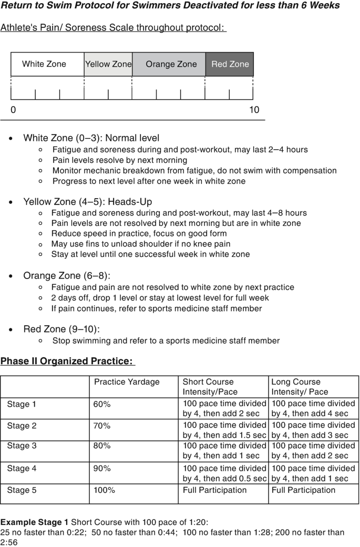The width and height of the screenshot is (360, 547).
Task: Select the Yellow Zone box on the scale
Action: pyautogui.click(x=108, y=64)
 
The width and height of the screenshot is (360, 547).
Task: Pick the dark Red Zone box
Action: pyautogui.click(x=230, y=64)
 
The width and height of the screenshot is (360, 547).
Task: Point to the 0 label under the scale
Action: pyautogui.click(x=13, y=110)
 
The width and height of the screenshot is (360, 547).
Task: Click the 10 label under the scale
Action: pyautogui.click(x=254, y=110)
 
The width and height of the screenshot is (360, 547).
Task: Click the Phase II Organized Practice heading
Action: pyautogui.click(x=67, y=361)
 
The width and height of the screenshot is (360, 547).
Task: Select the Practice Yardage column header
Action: pyautogui.click(x=127, y=382)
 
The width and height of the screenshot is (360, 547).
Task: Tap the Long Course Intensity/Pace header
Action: pyautogui.click(x=300, y=387)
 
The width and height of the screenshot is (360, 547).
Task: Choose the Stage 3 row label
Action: pyautogui.click(x=22, y=446)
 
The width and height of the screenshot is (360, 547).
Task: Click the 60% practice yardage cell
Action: pyautogui.click(x=102, y=404)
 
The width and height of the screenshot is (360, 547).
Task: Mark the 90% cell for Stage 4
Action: pyautogui.click(x=102, y=468)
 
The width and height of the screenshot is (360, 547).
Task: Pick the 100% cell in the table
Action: pyautogui.click(x=105, y=490)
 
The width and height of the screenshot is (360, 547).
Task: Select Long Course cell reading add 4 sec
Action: pyautogui.click(x=313, y=409)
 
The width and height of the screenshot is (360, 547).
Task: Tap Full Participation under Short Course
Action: pyautogui.click(x=214, y=490)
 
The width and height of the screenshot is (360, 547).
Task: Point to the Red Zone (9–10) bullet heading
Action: pyautogui.click(x=61, y=329)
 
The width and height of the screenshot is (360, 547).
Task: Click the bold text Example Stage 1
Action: pyautogui.click(x=34, y=522)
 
